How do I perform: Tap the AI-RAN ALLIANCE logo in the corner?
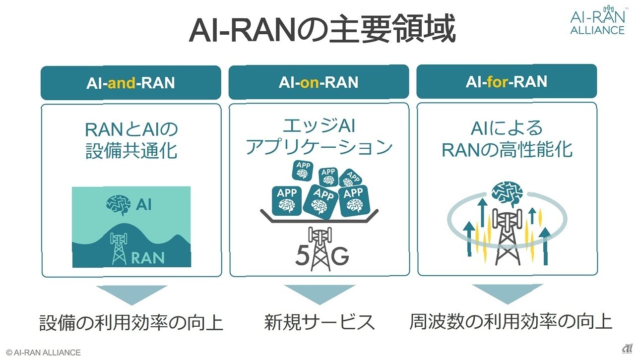[x=598, y=20]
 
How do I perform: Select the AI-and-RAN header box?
[x=131, y=83]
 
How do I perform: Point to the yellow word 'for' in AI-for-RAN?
[x=498, y=81]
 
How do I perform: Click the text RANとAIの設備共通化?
[x=131, y=140]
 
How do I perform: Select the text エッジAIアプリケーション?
[x=319, y=137]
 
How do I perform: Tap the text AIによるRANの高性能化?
[x=507, y=139]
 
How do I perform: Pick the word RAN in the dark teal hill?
[x=148, y=258]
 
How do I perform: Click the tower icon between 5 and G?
[x=320, y=249]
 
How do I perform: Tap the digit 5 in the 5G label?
[x=302, y=255]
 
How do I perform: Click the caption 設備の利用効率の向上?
[x=131, y=322]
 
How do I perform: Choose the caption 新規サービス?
[x=319, y=322]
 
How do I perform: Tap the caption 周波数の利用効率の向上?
[x=510, y=322]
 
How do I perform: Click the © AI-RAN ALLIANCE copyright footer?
[x=44, y=353]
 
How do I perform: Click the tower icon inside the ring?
[x=508, y=237]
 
